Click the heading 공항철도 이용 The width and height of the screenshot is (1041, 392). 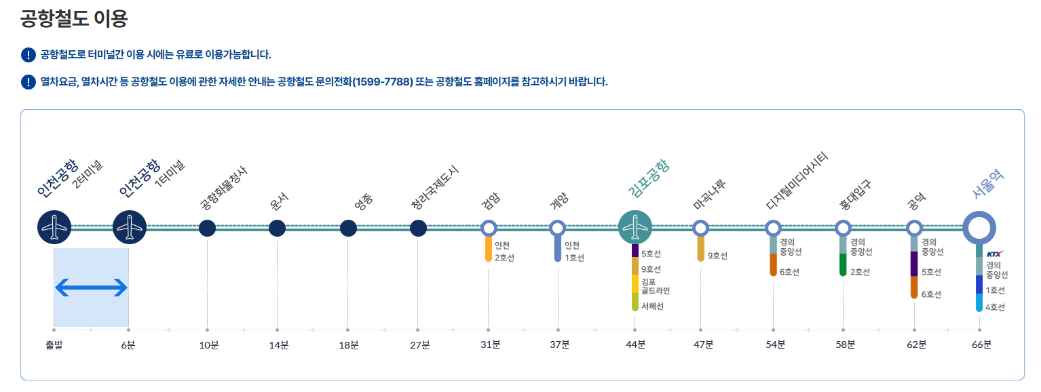74,18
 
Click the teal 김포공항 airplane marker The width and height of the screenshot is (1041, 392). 635,227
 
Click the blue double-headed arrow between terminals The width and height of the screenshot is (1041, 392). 91,288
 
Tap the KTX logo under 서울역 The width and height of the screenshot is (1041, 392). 994,254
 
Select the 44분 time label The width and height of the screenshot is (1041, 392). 635,345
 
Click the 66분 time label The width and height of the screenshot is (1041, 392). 981,345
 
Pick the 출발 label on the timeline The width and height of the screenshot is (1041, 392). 54,345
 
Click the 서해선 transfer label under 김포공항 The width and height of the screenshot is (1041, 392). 652,307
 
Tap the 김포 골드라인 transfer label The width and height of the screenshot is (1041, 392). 655,286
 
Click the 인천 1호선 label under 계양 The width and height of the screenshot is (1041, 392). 574,252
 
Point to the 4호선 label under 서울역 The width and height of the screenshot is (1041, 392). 996,307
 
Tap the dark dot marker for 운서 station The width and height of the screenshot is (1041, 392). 277,229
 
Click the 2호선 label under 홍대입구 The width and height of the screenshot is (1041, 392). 860,272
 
